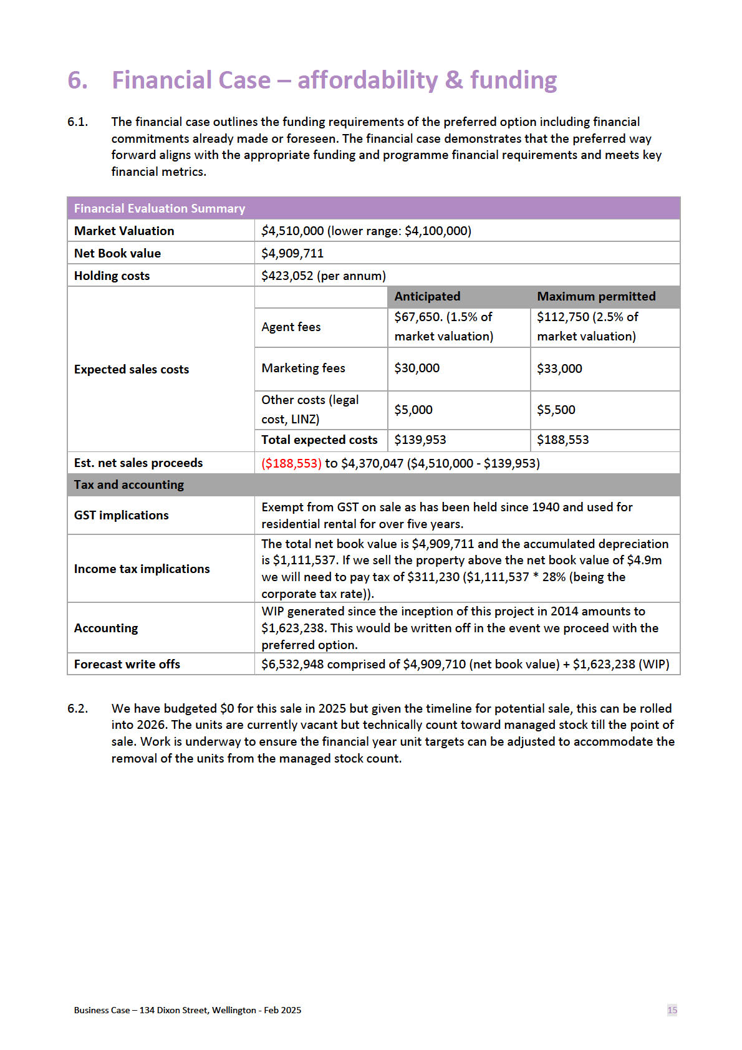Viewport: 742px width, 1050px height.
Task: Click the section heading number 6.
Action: coord(77,80)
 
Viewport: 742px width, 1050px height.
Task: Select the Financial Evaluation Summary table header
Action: coord(160,208)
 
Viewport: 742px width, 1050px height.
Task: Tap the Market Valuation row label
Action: coord(124,231)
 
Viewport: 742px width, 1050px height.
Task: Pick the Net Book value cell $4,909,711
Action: coord(292,253)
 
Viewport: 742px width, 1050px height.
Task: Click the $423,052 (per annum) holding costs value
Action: coord(324,276)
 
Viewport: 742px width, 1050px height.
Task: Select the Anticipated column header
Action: coord(427,296)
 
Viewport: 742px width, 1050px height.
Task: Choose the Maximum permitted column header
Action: coord(596,296)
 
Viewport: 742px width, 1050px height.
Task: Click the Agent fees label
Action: coord(291,327)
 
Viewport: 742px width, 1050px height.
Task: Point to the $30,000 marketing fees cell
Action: coord(417,368)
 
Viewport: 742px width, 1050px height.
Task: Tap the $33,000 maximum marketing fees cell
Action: coord(559,368)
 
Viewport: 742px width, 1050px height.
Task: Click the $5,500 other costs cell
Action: coord(556,410)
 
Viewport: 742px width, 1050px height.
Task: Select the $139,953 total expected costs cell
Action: coord(420,440)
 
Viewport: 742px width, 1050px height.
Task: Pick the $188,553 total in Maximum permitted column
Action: coord(563,440)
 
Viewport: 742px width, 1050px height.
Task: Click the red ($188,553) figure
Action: coord(291,463)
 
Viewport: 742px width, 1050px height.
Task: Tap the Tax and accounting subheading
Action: coord(129,484)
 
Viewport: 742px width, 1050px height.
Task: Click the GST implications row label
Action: coord(122,515)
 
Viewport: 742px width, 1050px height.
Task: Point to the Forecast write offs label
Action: coord(127,664)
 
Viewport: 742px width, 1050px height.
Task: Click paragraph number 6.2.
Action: coord(77,708)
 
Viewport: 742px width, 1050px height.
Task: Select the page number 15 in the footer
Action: coord(672,1009)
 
